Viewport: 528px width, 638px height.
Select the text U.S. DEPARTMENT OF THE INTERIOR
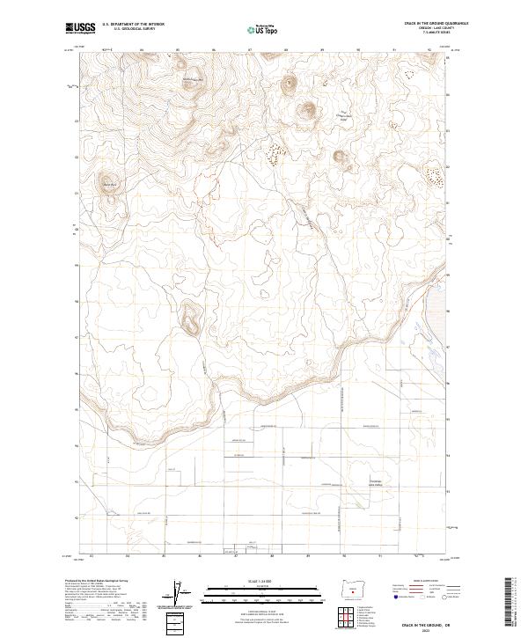(x=133, y=25)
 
